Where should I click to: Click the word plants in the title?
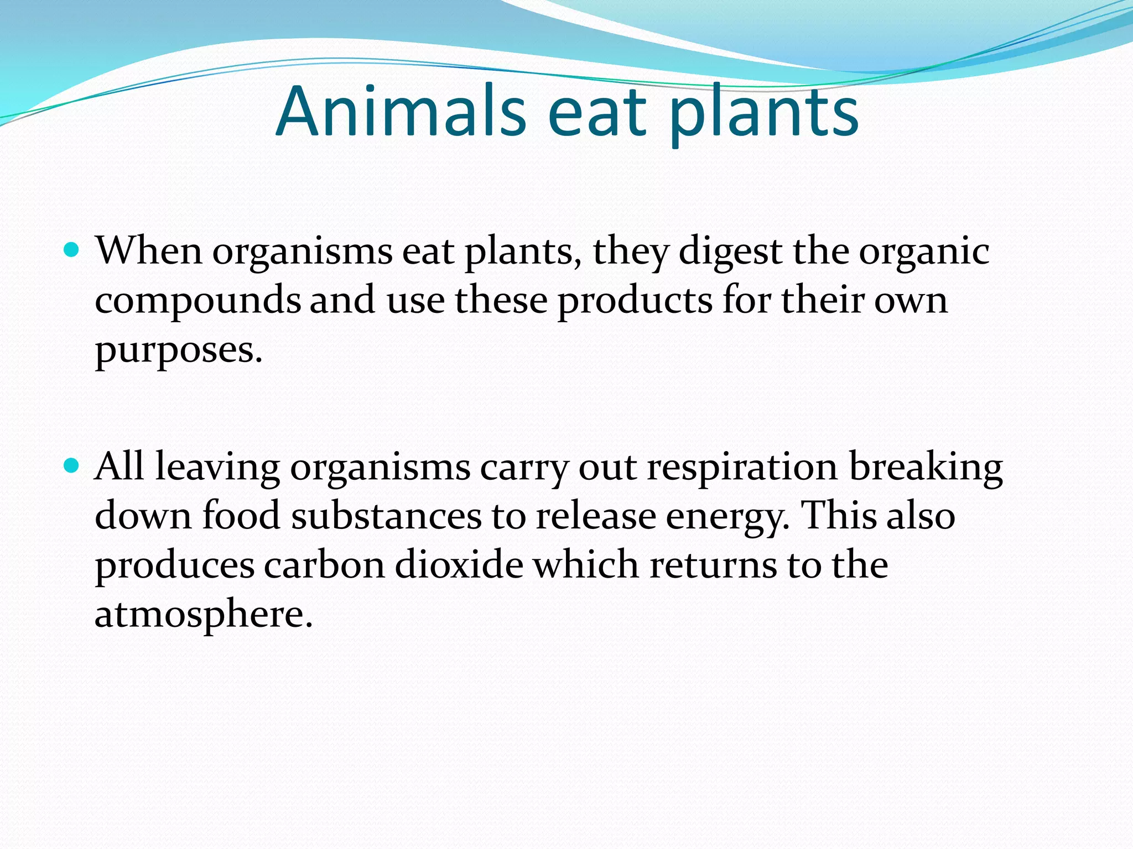tap(764, 113)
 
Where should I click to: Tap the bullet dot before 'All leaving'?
tap(71, 466)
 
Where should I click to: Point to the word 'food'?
tap(241, 515)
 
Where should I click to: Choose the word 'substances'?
tap(386, 515)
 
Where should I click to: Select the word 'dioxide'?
tap(459, 564)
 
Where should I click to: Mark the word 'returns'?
tap(713, 564)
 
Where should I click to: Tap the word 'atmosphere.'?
tap(204, 615)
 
